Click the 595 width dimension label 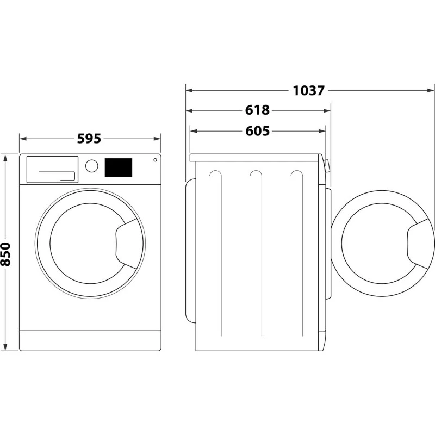(x=89, y=139)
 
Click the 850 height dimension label (x=6, y=254)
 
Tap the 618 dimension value (x=257, y=110)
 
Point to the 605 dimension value (x=257, y=131)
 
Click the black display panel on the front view (x=118, y=167)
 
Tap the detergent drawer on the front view (x=52, y=169)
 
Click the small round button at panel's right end (x=156, y=160)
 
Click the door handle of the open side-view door (x=421, y=241)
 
